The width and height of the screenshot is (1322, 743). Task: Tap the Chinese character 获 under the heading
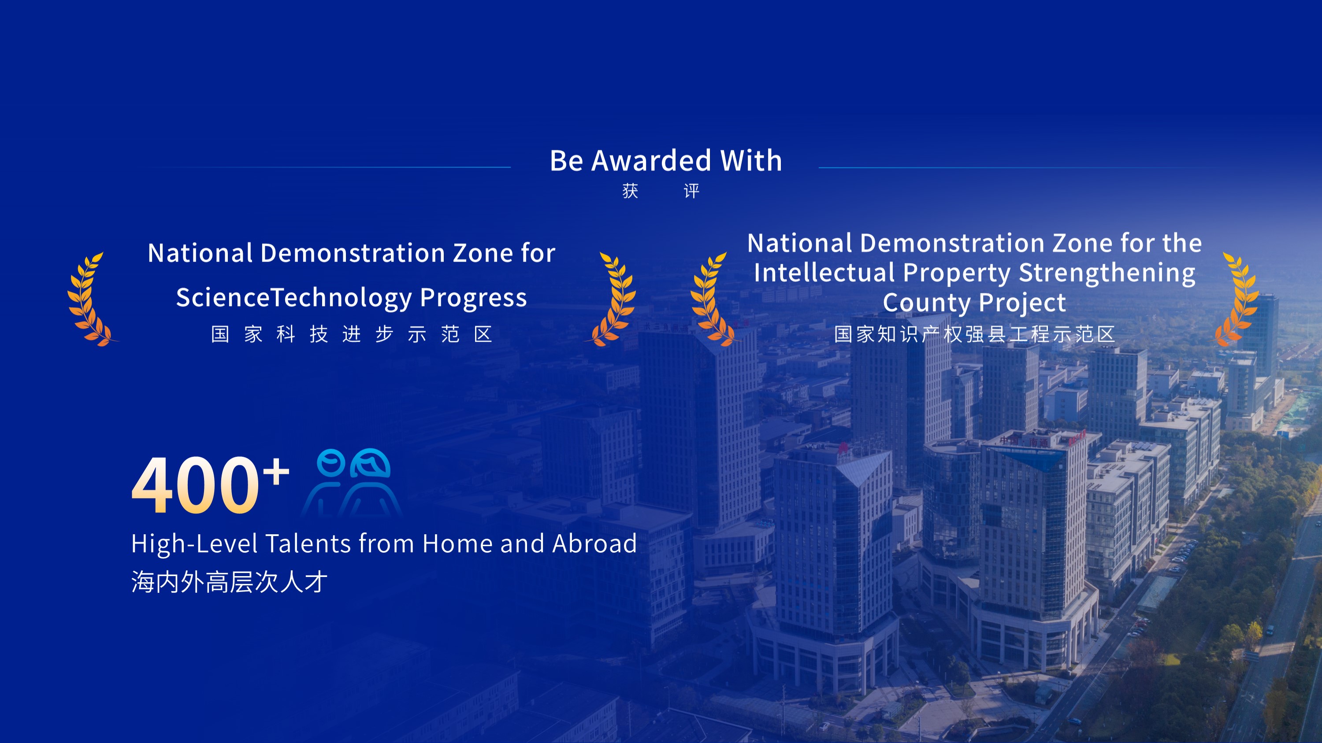630,191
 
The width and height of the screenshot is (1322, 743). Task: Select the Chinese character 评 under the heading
691,191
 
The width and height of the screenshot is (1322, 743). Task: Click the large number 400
196,485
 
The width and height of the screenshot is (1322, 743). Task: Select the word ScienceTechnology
294,298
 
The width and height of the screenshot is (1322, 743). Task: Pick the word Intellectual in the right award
824,272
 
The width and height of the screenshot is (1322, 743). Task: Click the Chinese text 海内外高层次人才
229,582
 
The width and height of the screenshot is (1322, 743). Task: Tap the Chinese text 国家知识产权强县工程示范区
975,334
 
